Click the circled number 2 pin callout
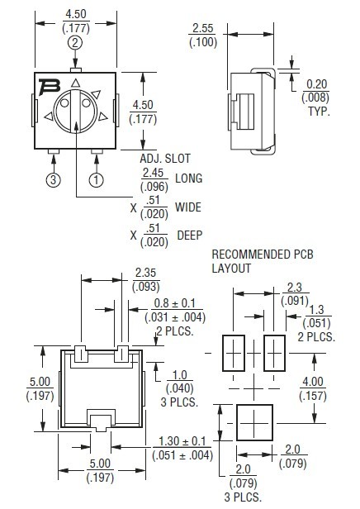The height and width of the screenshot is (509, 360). [75, 42]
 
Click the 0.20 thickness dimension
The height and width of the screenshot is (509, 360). [317, 84]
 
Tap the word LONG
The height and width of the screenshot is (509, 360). [188, 178]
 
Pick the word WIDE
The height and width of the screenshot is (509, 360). [188, 207]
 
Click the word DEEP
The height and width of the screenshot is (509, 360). [190, 235]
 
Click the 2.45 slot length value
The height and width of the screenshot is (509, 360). [154, 173]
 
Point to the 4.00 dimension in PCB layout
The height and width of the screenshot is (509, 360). [334, 382]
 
